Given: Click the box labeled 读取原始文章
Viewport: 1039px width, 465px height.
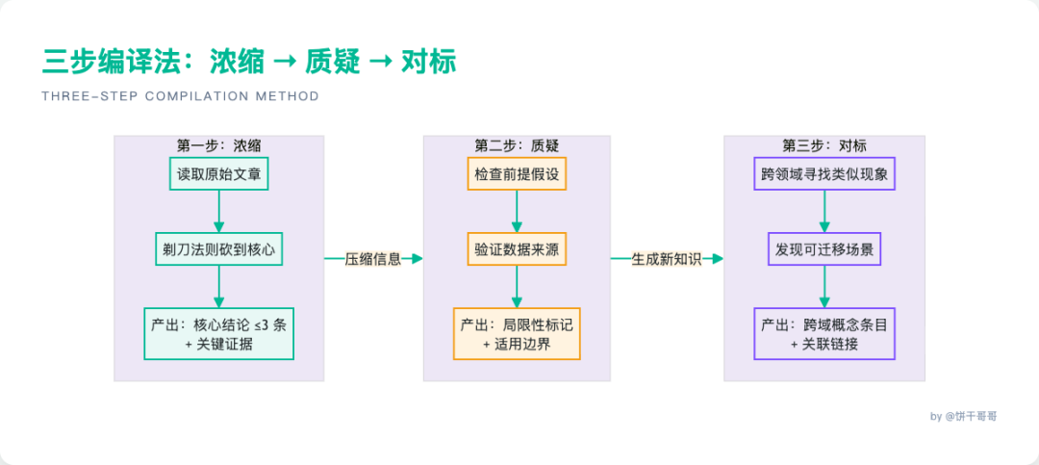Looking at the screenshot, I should click(218, 175).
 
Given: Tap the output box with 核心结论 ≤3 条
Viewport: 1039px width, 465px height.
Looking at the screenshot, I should click(218, 333).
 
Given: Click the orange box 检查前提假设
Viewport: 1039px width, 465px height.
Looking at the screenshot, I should click(517, 175).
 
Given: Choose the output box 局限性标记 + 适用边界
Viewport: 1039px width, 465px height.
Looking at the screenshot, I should click(517, 333).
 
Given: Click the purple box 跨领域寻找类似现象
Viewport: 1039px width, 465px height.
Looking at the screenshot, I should click(824, 175).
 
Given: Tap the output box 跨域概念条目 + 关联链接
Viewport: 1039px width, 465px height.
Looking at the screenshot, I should click(824, 333).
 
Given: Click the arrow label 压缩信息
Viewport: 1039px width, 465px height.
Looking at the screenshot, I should click(372, 258).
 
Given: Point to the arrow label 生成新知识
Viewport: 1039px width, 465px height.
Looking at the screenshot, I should click(667, 258).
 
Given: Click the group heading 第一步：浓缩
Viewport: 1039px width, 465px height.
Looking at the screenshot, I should click(218, 145).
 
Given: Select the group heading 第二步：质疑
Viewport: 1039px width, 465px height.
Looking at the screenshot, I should click(517, 145).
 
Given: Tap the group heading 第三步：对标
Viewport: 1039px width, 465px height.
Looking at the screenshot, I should click(824, 145).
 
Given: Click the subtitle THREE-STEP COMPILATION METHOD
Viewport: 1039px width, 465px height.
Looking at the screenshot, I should click(180, 96).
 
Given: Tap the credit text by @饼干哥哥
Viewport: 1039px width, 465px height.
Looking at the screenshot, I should click(963, 416).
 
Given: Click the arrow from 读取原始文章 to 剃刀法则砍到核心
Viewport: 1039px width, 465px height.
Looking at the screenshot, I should click(218, 211).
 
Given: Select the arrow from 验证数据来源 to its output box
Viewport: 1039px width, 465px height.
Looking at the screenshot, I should click(517, 286).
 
